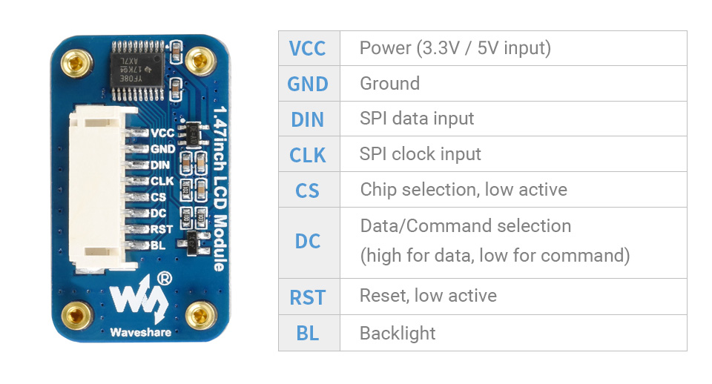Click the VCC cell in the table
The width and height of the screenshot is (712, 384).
pyautogui.click(x=308, y=48)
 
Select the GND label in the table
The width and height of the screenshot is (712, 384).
pyautogui.click(x=308, y=84)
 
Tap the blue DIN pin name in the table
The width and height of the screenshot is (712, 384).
pyautogui.click(x=308, y=119)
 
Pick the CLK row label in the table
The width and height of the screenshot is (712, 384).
pyautogui.click(x=308, y=155)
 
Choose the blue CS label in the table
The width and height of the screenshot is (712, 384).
pyautogui.click(x=308, y=191)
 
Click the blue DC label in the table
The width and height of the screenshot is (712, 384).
pyautogui.click(x=308, y=242)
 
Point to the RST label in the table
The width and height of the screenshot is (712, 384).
pyautogui.click(x=308, y=297)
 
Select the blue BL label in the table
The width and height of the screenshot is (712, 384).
pyautogui.click(x=308, y=334)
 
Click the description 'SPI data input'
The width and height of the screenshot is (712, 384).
pyautogui.click(x=416, y=119)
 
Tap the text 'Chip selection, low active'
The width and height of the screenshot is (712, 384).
pyautogui.click(x=464, y=190)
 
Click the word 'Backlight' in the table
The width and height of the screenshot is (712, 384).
pyautogui.click(x=398, y=334)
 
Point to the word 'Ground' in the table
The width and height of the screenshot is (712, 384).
pyautogui.click(x=389, y=83)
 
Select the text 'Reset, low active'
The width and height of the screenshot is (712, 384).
pyautogui.click(x=428, y=296)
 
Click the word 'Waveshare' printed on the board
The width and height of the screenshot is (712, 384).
pyautogui.click(x=140, y=332)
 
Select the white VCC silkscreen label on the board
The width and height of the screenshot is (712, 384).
pyautogui.click(x=162, y=133)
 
